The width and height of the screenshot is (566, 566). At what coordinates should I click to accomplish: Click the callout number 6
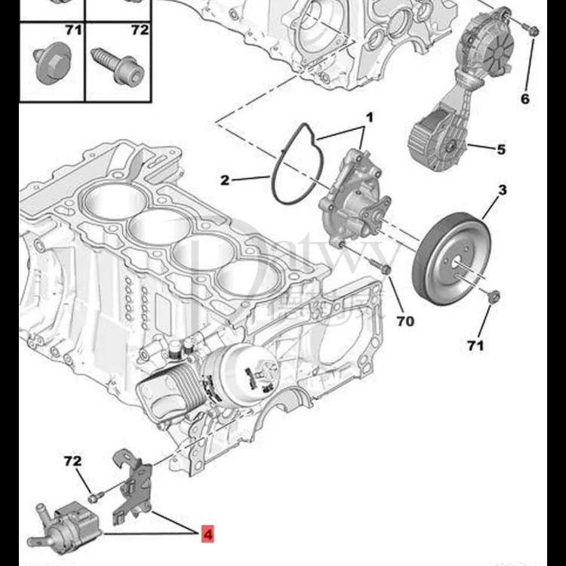click(525, 99)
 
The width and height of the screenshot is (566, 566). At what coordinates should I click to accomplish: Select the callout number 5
click(501, 149)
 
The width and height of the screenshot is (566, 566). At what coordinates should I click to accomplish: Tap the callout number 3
click(501, 190)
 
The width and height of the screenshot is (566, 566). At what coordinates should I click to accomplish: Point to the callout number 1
click(370, 118)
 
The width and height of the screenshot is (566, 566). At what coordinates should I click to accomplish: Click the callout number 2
click(225, 180)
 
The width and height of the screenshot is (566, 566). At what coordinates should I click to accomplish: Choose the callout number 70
click(405, 321)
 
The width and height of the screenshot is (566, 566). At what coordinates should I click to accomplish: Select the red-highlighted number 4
click(208, 534)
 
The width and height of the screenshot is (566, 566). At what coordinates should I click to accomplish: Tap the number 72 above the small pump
click(72, 461)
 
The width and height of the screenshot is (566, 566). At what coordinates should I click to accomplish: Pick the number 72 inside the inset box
click(140, 30)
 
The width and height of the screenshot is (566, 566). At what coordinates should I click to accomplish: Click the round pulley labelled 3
click(451, 250)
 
